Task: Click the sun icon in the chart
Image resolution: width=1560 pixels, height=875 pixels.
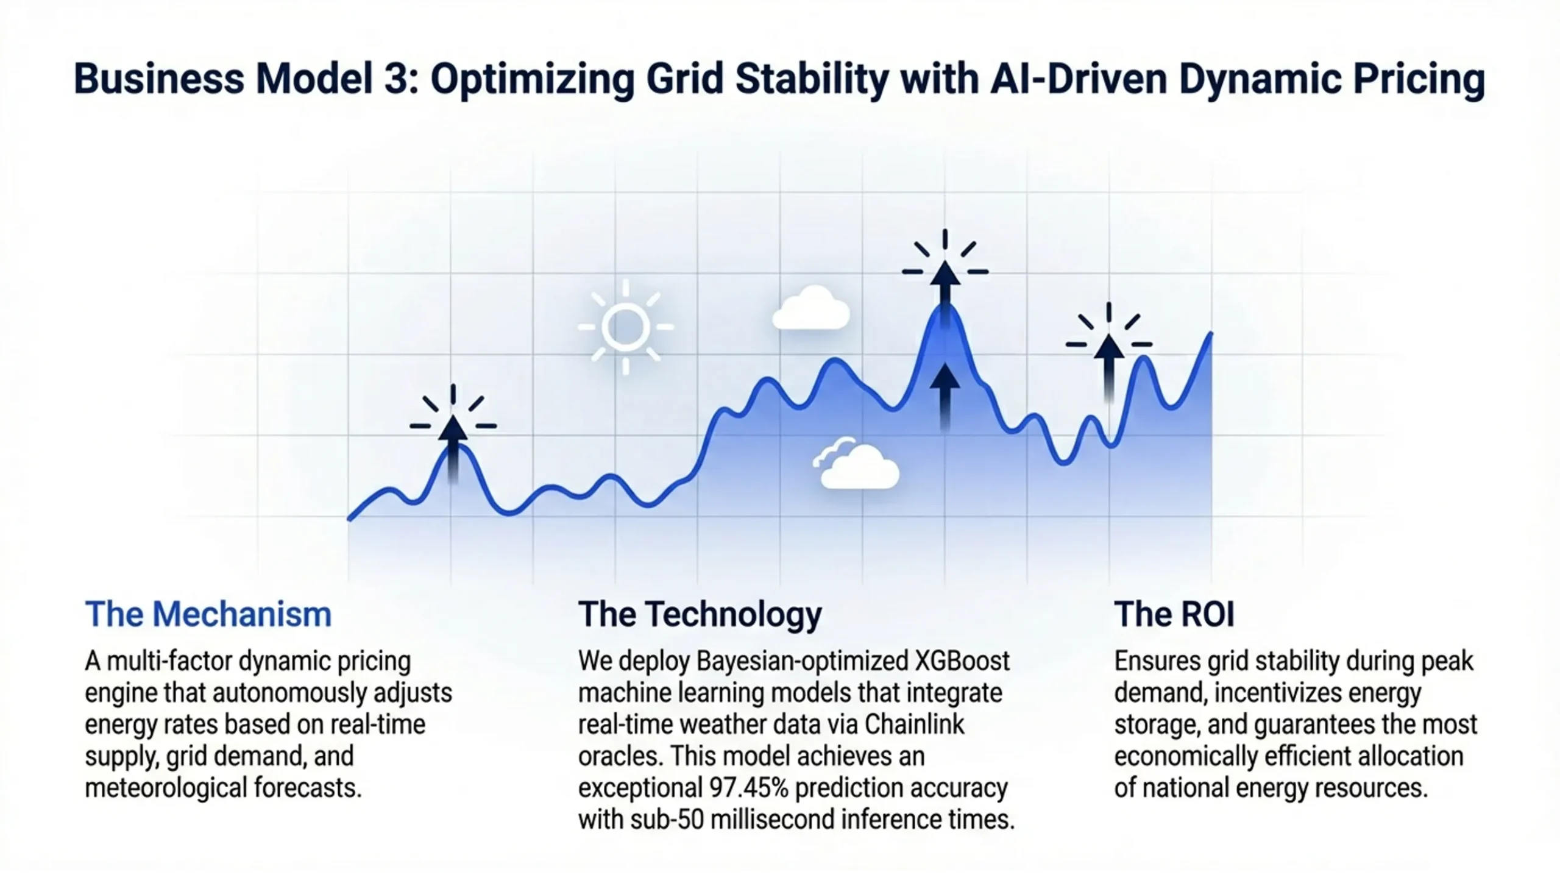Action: (625, 327)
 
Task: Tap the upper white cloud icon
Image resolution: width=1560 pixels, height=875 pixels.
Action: (811, 308)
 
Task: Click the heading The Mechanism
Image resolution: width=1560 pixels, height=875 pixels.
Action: (208, 614)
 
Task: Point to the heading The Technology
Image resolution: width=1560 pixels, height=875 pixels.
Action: (700, 614)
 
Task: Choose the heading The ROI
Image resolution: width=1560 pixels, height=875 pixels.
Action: (1174, 614)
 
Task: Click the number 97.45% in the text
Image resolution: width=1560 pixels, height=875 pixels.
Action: (749, 788)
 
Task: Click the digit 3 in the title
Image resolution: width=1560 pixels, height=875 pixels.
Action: (395, 79)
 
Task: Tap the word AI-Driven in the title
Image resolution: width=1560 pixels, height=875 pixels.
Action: (1079, 79)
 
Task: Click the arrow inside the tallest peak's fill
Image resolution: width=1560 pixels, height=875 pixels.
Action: (945, 396)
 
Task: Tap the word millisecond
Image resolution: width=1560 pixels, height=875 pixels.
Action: (772, 820)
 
